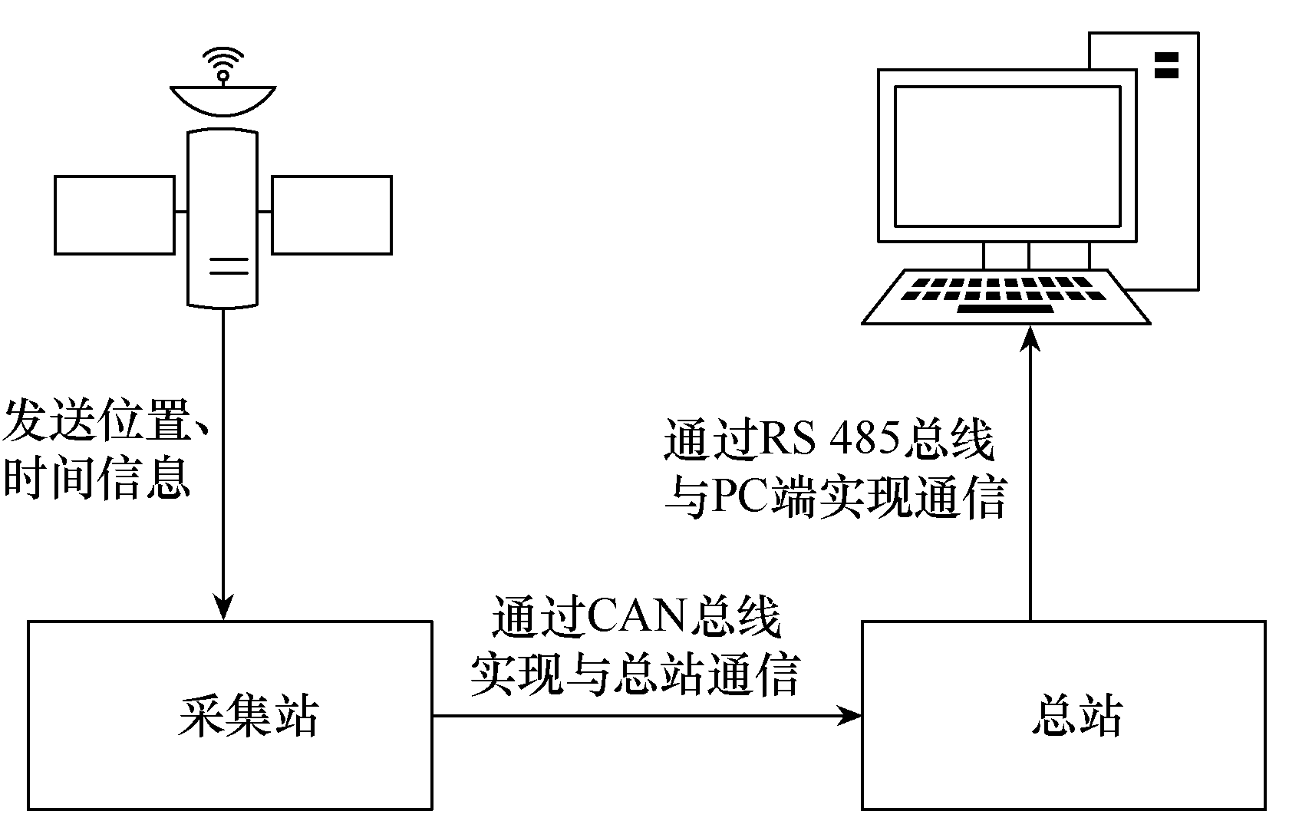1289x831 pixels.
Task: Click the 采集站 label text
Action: [x=249, y=717]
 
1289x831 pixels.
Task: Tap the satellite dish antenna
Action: [x=223, y=101]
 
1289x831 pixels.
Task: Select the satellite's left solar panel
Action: [x=114, y=215]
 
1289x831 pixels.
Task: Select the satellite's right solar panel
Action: [x=332, y=215]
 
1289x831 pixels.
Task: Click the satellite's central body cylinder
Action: [x=223, y=219]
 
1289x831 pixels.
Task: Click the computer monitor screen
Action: [x=1007, y=157]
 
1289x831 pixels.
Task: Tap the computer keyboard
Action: [x=1006, y=297]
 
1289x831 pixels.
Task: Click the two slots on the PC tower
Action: [x=1166, y=65]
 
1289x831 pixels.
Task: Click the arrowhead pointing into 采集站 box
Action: [x=223, y=607]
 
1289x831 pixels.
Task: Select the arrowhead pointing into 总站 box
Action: [x=849, y=716]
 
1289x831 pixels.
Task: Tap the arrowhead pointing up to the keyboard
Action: [x=1030, y=338]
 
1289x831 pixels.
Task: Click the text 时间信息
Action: [x=97, y=478]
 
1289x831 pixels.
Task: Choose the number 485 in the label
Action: [x=864, y=438]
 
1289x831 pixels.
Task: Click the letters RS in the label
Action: [x=788, y=438]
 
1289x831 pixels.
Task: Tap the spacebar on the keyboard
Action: [x=1005, y=309]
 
